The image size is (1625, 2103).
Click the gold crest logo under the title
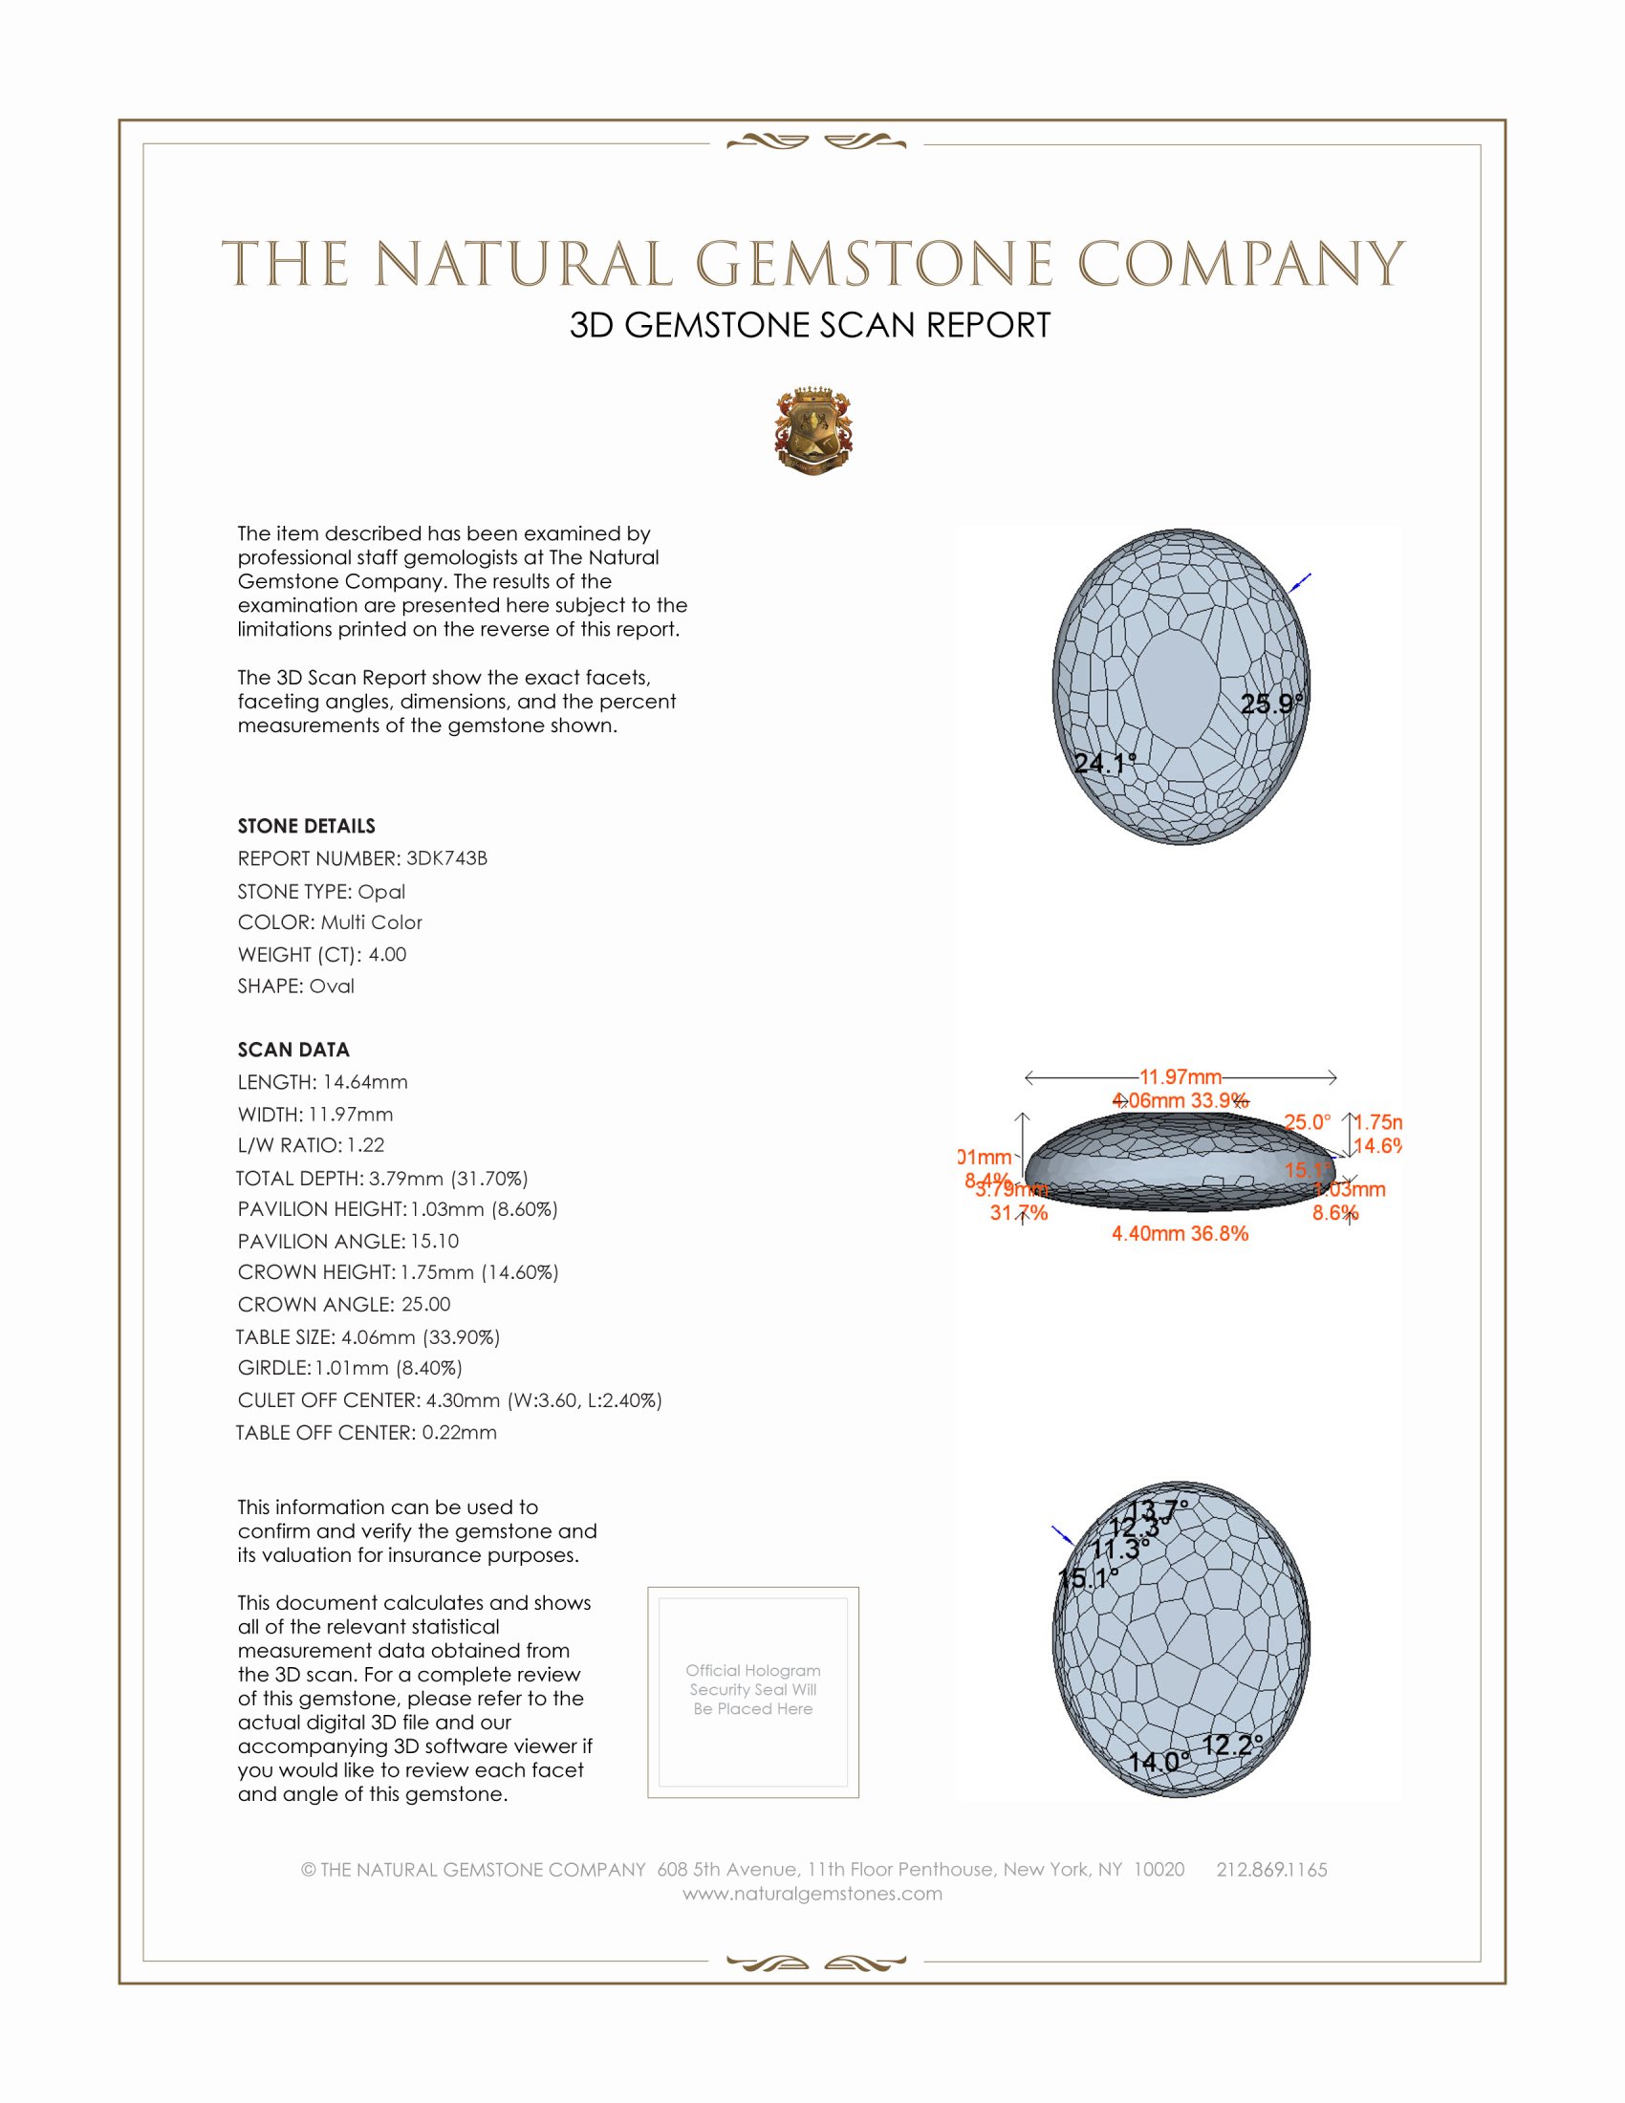[x=813, y=430]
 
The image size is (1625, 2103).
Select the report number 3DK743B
[x=446, y=858]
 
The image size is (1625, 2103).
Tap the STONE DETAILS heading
[x=306, y=826]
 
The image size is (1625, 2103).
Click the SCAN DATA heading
[x=293, y=1050]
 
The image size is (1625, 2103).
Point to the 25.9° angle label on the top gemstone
[x=1270, y=704]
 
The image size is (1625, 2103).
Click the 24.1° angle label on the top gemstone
[x=1104, y=764]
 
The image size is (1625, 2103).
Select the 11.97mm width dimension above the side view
[x=1181, y=1076]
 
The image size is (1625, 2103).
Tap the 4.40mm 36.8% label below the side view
[x=1180, y=1233]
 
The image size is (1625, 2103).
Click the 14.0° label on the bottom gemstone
[x=1159, y=1762]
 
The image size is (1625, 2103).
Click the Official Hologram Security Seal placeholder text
[x=753, y=1689]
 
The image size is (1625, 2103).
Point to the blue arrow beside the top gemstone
[x=1300, y=582]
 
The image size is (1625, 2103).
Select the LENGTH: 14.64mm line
[x=322, y=1082]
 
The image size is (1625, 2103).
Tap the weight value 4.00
[x=387, y=954]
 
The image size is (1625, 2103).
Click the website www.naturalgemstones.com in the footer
[x=812, y=1893]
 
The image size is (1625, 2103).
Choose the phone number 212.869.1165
[x=1270, y=1869]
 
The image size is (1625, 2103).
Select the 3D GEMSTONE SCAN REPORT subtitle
[x=810, y=325]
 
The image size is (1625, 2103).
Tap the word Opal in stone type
[x=381, y=892]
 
